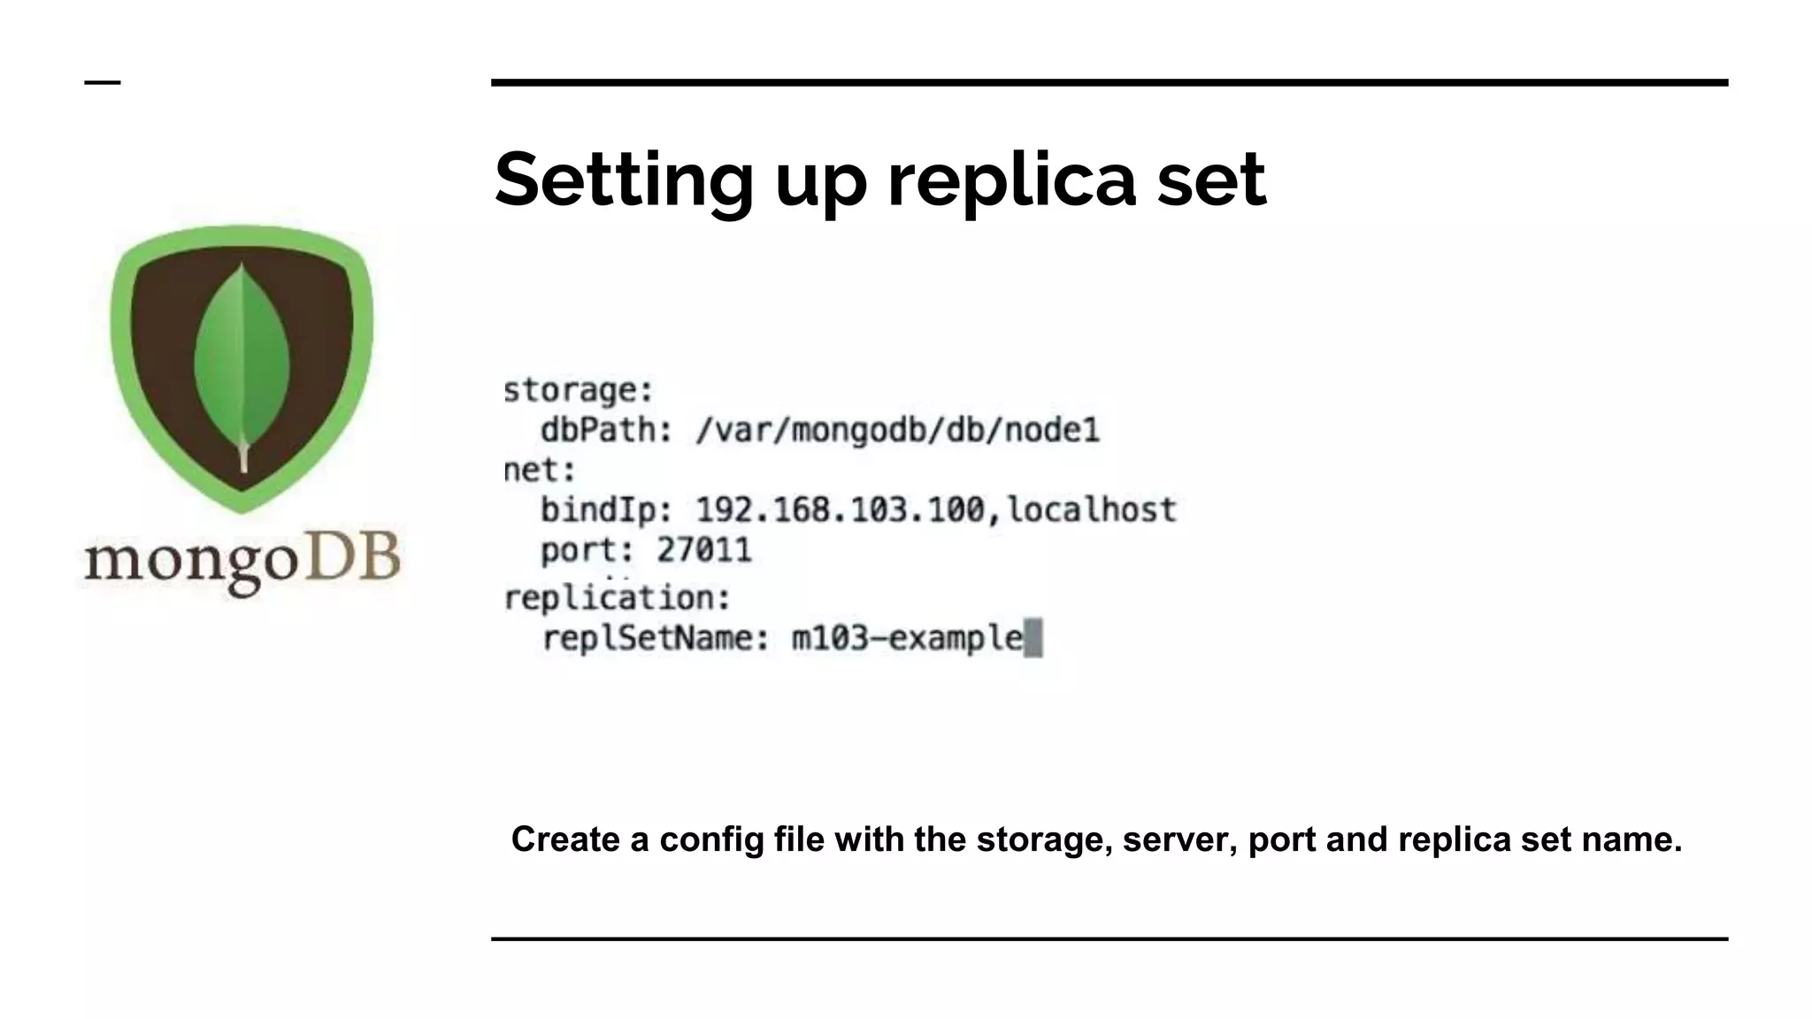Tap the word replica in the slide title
click(1011, 180)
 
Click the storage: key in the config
click(578, 390)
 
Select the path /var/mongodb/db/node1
click(897, 431)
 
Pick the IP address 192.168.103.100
click(840, 510)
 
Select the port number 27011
click(704, 550)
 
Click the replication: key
click(617, 598)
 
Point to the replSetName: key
click(656, 638)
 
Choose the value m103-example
click(907, 638)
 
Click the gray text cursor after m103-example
click(1033, 638)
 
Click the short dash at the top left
click(103, 83)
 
